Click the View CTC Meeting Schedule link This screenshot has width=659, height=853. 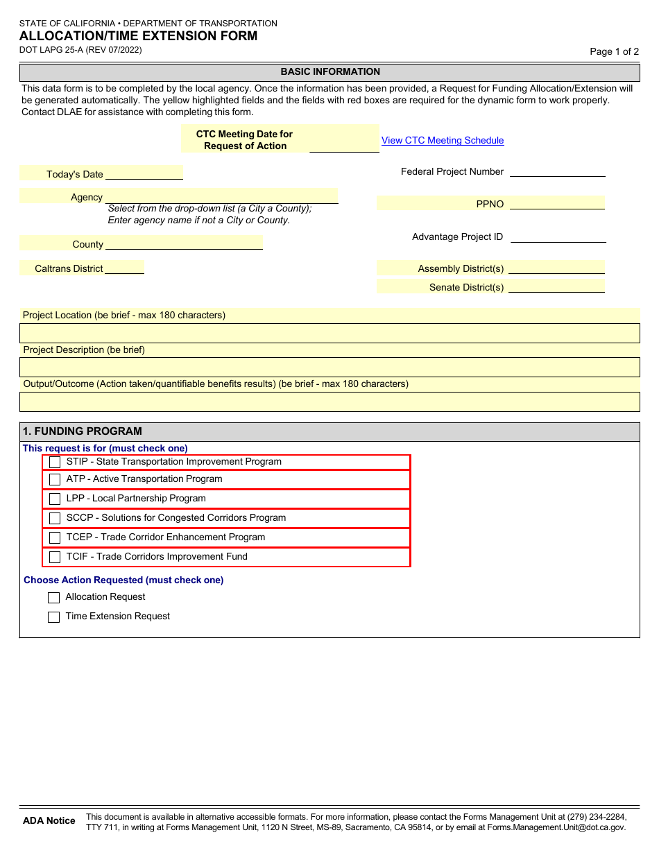pyautogui.click(x=443, y=140)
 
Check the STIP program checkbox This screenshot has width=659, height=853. pyautogui.click(x=55, y=462)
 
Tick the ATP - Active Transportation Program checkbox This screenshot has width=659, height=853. pyautogui.click(x=55, y=479)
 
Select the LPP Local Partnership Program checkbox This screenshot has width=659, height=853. pyautogui.click(x=55, y=499)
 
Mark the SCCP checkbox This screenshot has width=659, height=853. pyautogui.click(x=55, y=518)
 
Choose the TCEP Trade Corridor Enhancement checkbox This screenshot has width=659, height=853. pyautogui.click(x=55, y=537)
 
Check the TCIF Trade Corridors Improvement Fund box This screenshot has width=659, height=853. pyautogui.click(x=55, y=557)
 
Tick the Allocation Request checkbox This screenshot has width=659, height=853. pyautogui.click(x=53, y=598)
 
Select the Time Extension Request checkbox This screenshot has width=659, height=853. pyautogui.click(x=53, y=617)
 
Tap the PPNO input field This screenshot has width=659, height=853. pyautogui.click(x=556, y=203)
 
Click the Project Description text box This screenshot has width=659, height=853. pyautogui.click(x=329, y=367)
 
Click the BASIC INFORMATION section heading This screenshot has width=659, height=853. pyautogui.click(x=330, y=72)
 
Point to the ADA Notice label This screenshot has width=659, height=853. pyautogui.click(x=49, y=820)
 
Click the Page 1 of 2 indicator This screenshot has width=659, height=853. pyautogui.click(x=614, y=51)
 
